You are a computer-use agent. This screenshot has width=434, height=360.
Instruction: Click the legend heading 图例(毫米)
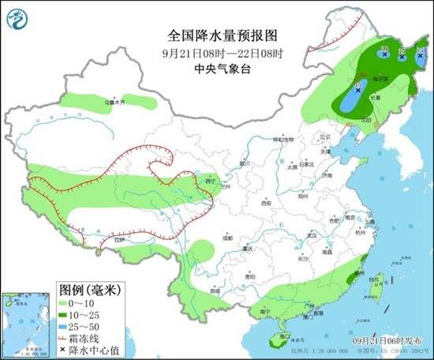coord(86,288)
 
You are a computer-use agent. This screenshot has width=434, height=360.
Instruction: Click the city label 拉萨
coord(119,239)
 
